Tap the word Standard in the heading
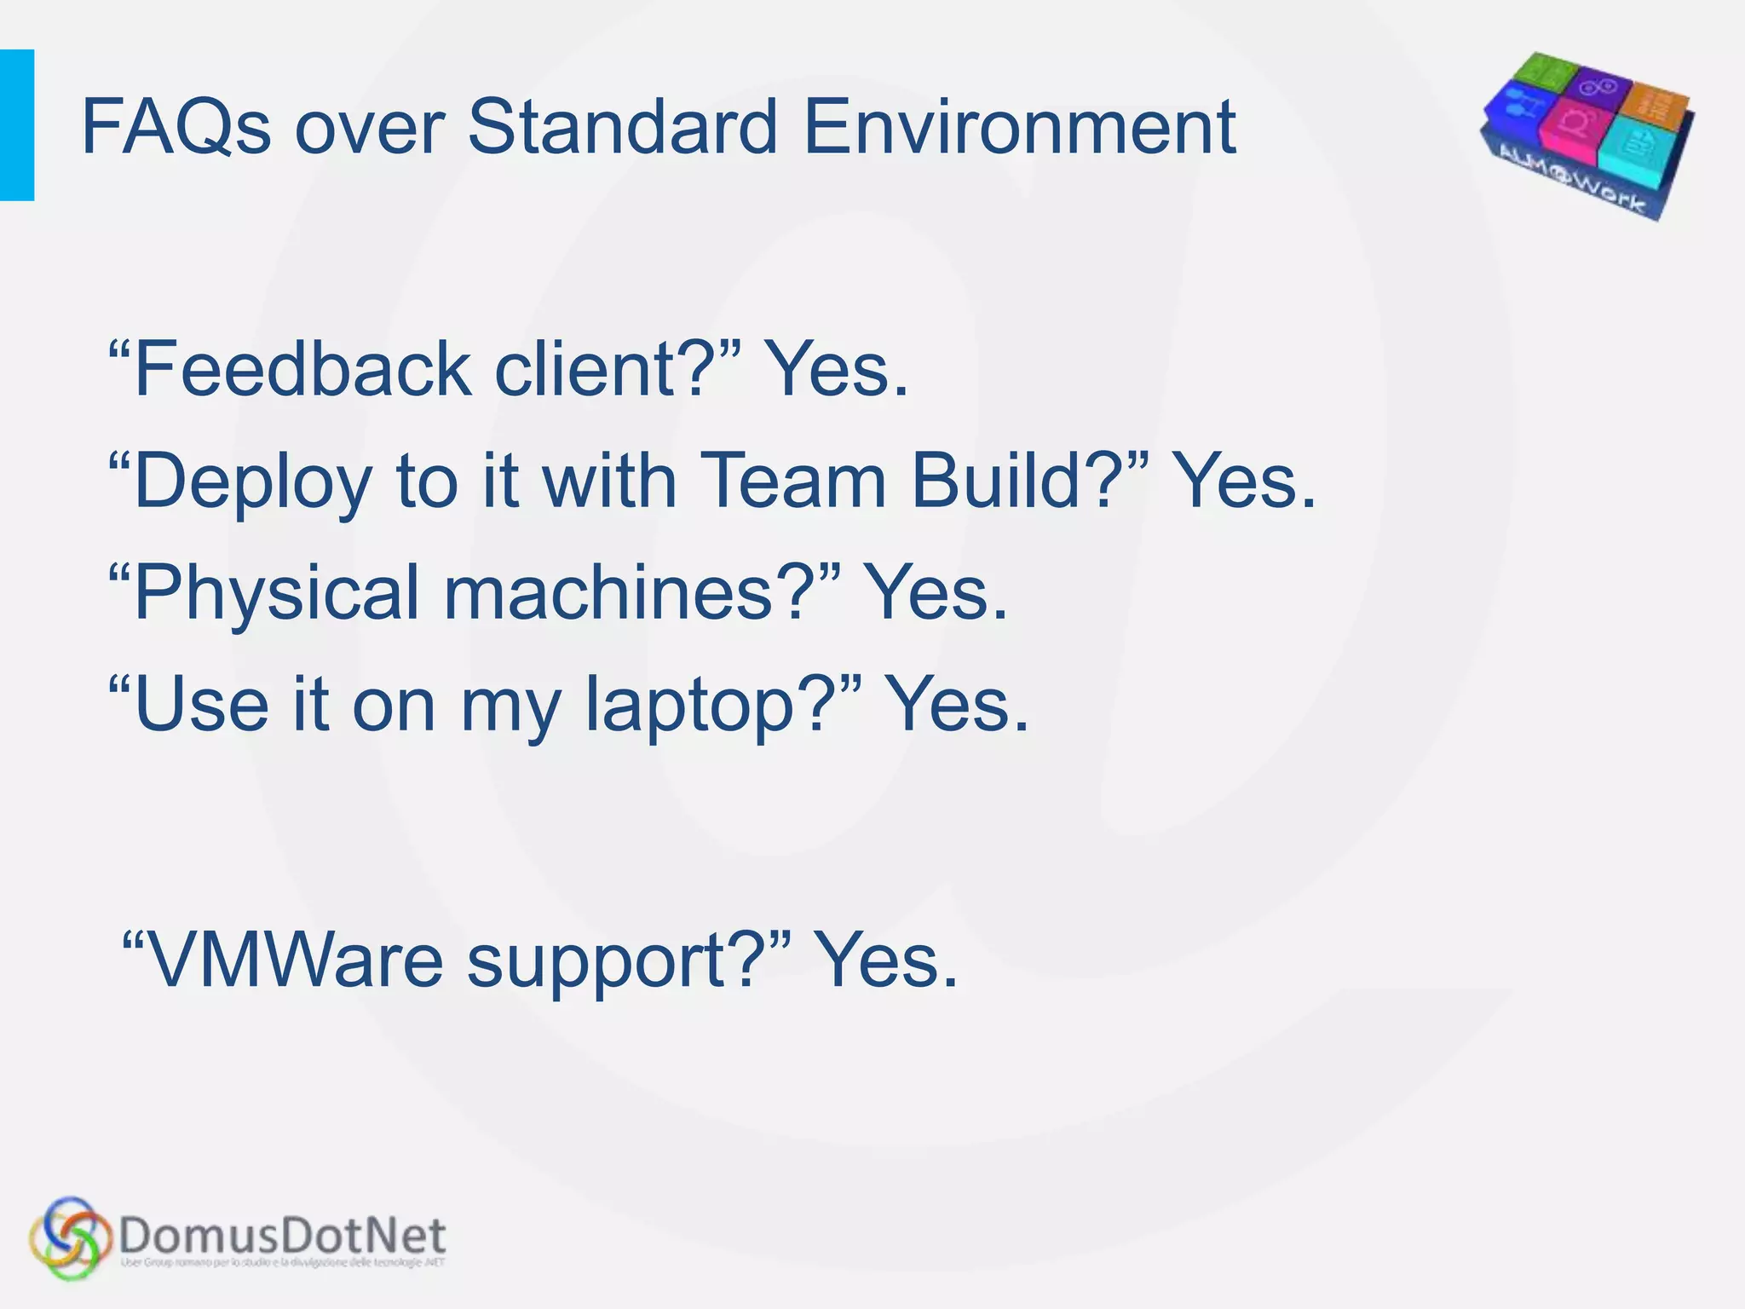pos(623,128)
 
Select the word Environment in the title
pos(1019,128)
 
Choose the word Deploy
pos(252,482)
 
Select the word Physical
pos(277,594)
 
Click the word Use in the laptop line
pos(201,705)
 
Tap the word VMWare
pos(295,961)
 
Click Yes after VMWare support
pos(886,961)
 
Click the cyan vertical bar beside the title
pos(17,125)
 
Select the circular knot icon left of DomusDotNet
pos(70,1237)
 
